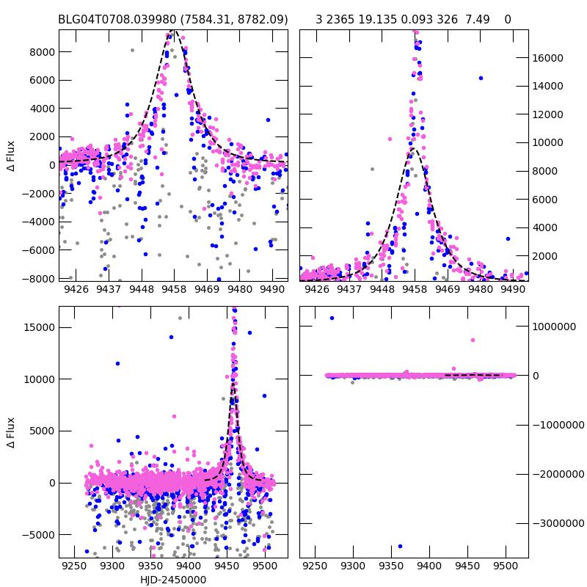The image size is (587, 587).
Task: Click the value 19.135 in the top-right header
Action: coord(376,19)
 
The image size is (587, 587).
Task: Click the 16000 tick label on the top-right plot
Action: coord(550,58)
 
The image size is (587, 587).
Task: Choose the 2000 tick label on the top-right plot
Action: coord(547,256)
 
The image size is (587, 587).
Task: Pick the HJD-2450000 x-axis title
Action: coord(173,580)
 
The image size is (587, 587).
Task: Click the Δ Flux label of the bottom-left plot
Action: coord(11,432)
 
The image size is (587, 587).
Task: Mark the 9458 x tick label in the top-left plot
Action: coord(174,290)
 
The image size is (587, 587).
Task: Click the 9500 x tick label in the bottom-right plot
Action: coord(505,567)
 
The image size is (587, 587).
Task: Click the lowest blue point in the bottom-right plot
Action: coord(400,546)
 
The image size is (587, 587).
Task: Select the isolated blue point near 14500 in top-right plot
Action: coord(481,78)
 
